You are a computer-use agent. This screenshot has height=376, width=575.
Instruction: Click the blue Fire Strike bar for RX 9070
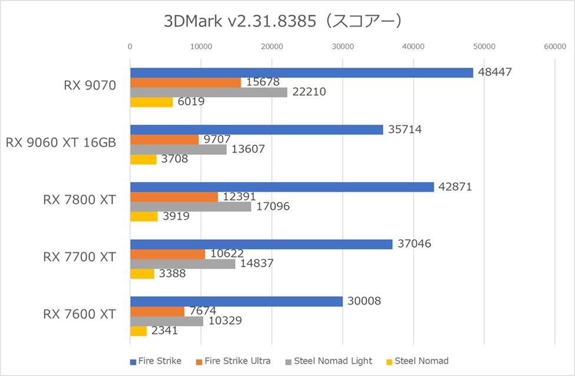point(301,72)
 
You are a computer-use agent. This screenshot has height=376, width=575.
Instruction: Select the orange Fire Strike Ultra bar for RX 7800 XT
point(174,197)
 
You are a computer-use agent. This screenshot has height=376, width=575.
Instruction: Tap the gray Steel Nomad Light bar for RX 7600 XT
point(166,321)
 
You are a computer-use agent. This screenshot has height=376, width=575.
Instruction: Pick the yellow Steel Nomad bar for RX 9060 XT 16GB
point(143,159)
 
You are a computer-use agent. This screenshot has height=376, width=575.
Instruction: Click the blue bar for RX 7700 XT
point(261,244)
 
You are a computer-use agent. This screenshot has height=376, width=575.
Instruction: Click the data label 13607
point(248,149)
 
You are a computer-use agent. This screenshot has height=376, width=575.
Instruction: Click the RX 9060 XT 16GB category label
point(61,142)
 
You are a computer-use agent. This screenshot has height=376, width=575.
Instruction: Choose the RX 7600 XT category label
point(79,314)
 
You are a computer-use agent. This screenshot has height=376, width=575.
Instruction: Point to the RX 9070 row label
point(90,85)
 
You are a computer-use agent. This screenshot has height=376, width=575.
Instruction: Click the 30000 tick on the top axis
point(342,45)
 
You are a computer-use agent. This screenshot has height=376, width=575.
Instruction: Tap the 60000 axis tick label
point(555,45)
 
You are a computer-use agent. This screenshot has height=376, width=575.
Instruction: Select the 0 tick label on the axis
point(130,45)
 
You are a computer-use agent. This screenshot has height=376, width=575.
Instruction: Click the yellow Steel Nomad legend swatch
point(389,361)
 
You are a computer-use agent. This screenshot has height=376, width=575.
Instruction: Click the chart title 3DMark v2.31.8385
point(283,21)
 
